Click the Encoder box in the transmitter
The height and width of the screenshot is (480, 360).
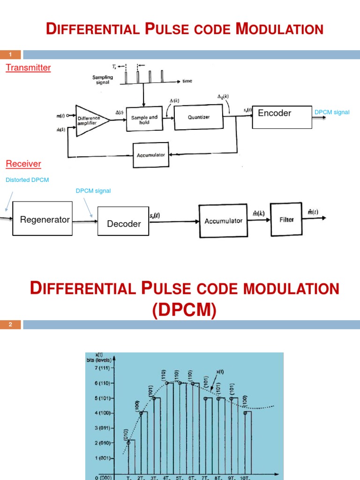(x=282, y=117)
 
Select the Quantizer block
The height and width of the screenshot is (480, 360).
(x=199, y=118)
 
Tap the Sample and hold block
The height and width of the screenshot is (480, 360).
(x=146, y=120)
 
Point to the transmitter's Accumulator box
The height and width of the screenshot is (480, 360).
(x=151, y=155)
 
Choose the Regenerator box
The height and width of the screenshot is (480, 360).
(x=42, y=219)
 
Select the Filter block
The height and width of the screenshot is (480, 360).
(x=286, y=219)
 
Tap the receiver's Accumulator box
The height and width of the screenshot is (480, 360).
(x=223, y=220)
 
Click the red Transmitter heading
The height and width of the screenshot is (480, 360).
(x=28, y=67)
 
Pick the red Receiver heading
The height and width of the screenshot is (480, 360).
(x=23, y=164)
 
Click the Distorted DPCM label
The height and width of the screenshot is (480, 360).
(x=27, y=180)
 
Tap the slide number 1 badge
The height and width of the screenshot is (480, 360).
(x=10, y=55)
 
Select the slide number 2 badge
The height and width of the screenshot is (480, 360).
(x=10, y=324)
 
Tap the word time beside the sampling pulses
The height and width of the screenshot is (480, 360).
(x=187, y=81)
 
